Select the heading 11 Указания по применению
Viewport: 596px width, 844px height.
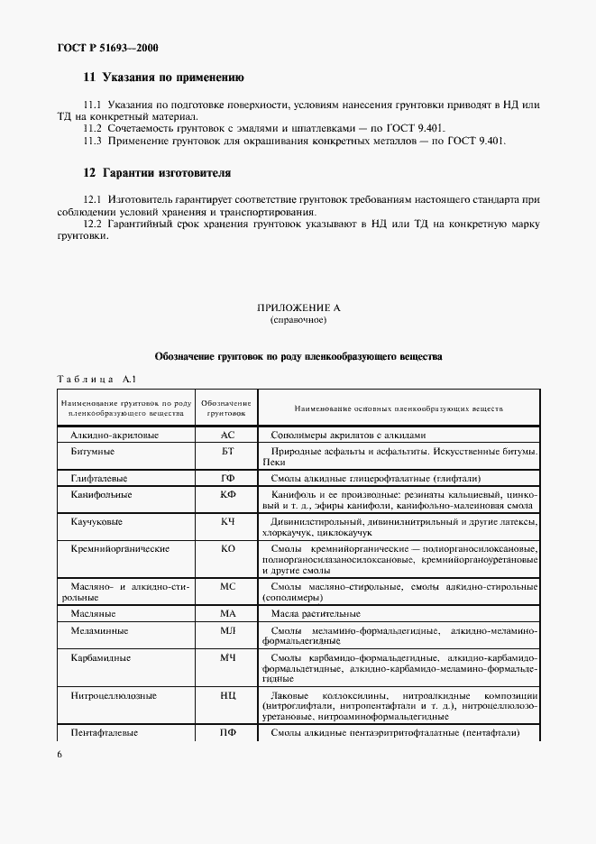pos(163,78)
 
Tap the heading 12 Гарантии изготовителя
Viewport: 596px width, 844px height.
pos(156,171)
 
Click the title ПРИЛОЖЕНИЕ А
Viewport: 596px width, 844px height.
pos(298,307)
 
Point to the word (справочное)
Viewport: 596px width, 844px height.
pos(298,320)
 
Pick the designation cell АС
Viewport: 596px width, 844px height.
pos(227,435)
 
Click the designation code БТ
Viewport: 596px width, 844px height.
pos(227,450)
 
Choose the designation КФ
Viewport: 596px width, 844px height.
pos(227,495)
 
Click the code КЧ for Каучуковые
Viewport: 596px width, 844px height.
pos(227,522)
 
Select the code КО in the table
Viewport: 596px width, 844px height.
pos(227,548)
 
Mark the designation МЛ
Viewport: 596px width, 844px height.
pos(227,631)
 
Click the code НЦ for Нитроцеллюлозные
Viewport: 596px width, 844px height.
pos(227,696)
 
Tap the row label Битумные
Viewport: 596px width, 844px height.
pos(92,450)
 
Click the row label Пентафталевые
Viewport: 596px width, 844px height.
pos(104,733)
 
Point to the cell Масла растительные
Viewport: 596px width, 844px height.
pos(315,613)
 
